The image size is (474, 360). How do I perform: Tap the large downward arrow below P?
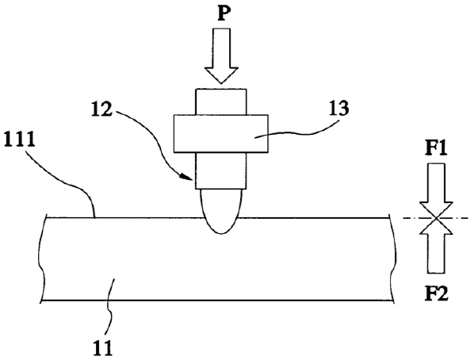[x=221, y=56]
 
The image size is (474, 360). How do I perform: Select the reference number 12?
[x=102, y=109]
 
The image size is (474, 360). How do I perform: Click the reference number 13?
[x=338, y=109]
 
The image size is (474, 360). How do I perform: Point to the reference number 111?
[x=19, y=140]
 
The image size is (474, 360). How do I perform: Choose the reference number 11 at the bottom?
[x=102, y=348]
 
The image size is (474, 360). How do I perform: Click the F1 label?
[x=436, y=148]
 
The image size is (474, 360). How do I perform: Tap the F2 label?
[x=436, y=293]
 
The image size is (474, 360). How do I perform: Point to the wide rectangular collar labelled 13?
[x=220, y=133]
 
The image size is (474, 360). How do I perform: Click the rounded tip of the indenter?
[x=221, y=212]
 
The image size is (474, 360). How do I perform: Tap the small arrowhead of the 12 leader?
[x=187, y=178]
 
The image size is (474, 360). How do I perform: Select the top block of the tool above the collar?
[x=221, y=101]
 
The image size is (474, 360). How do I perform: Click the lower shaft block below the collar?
[x=221, y=170]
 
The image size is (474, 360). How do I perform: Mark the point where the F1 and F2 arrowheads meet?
[x=436, y=218]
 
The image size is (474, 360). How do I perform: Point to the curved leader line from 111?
[x=67, y=184]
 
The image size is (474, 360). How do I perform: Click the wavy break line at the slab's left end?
[x=41, y=259]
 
